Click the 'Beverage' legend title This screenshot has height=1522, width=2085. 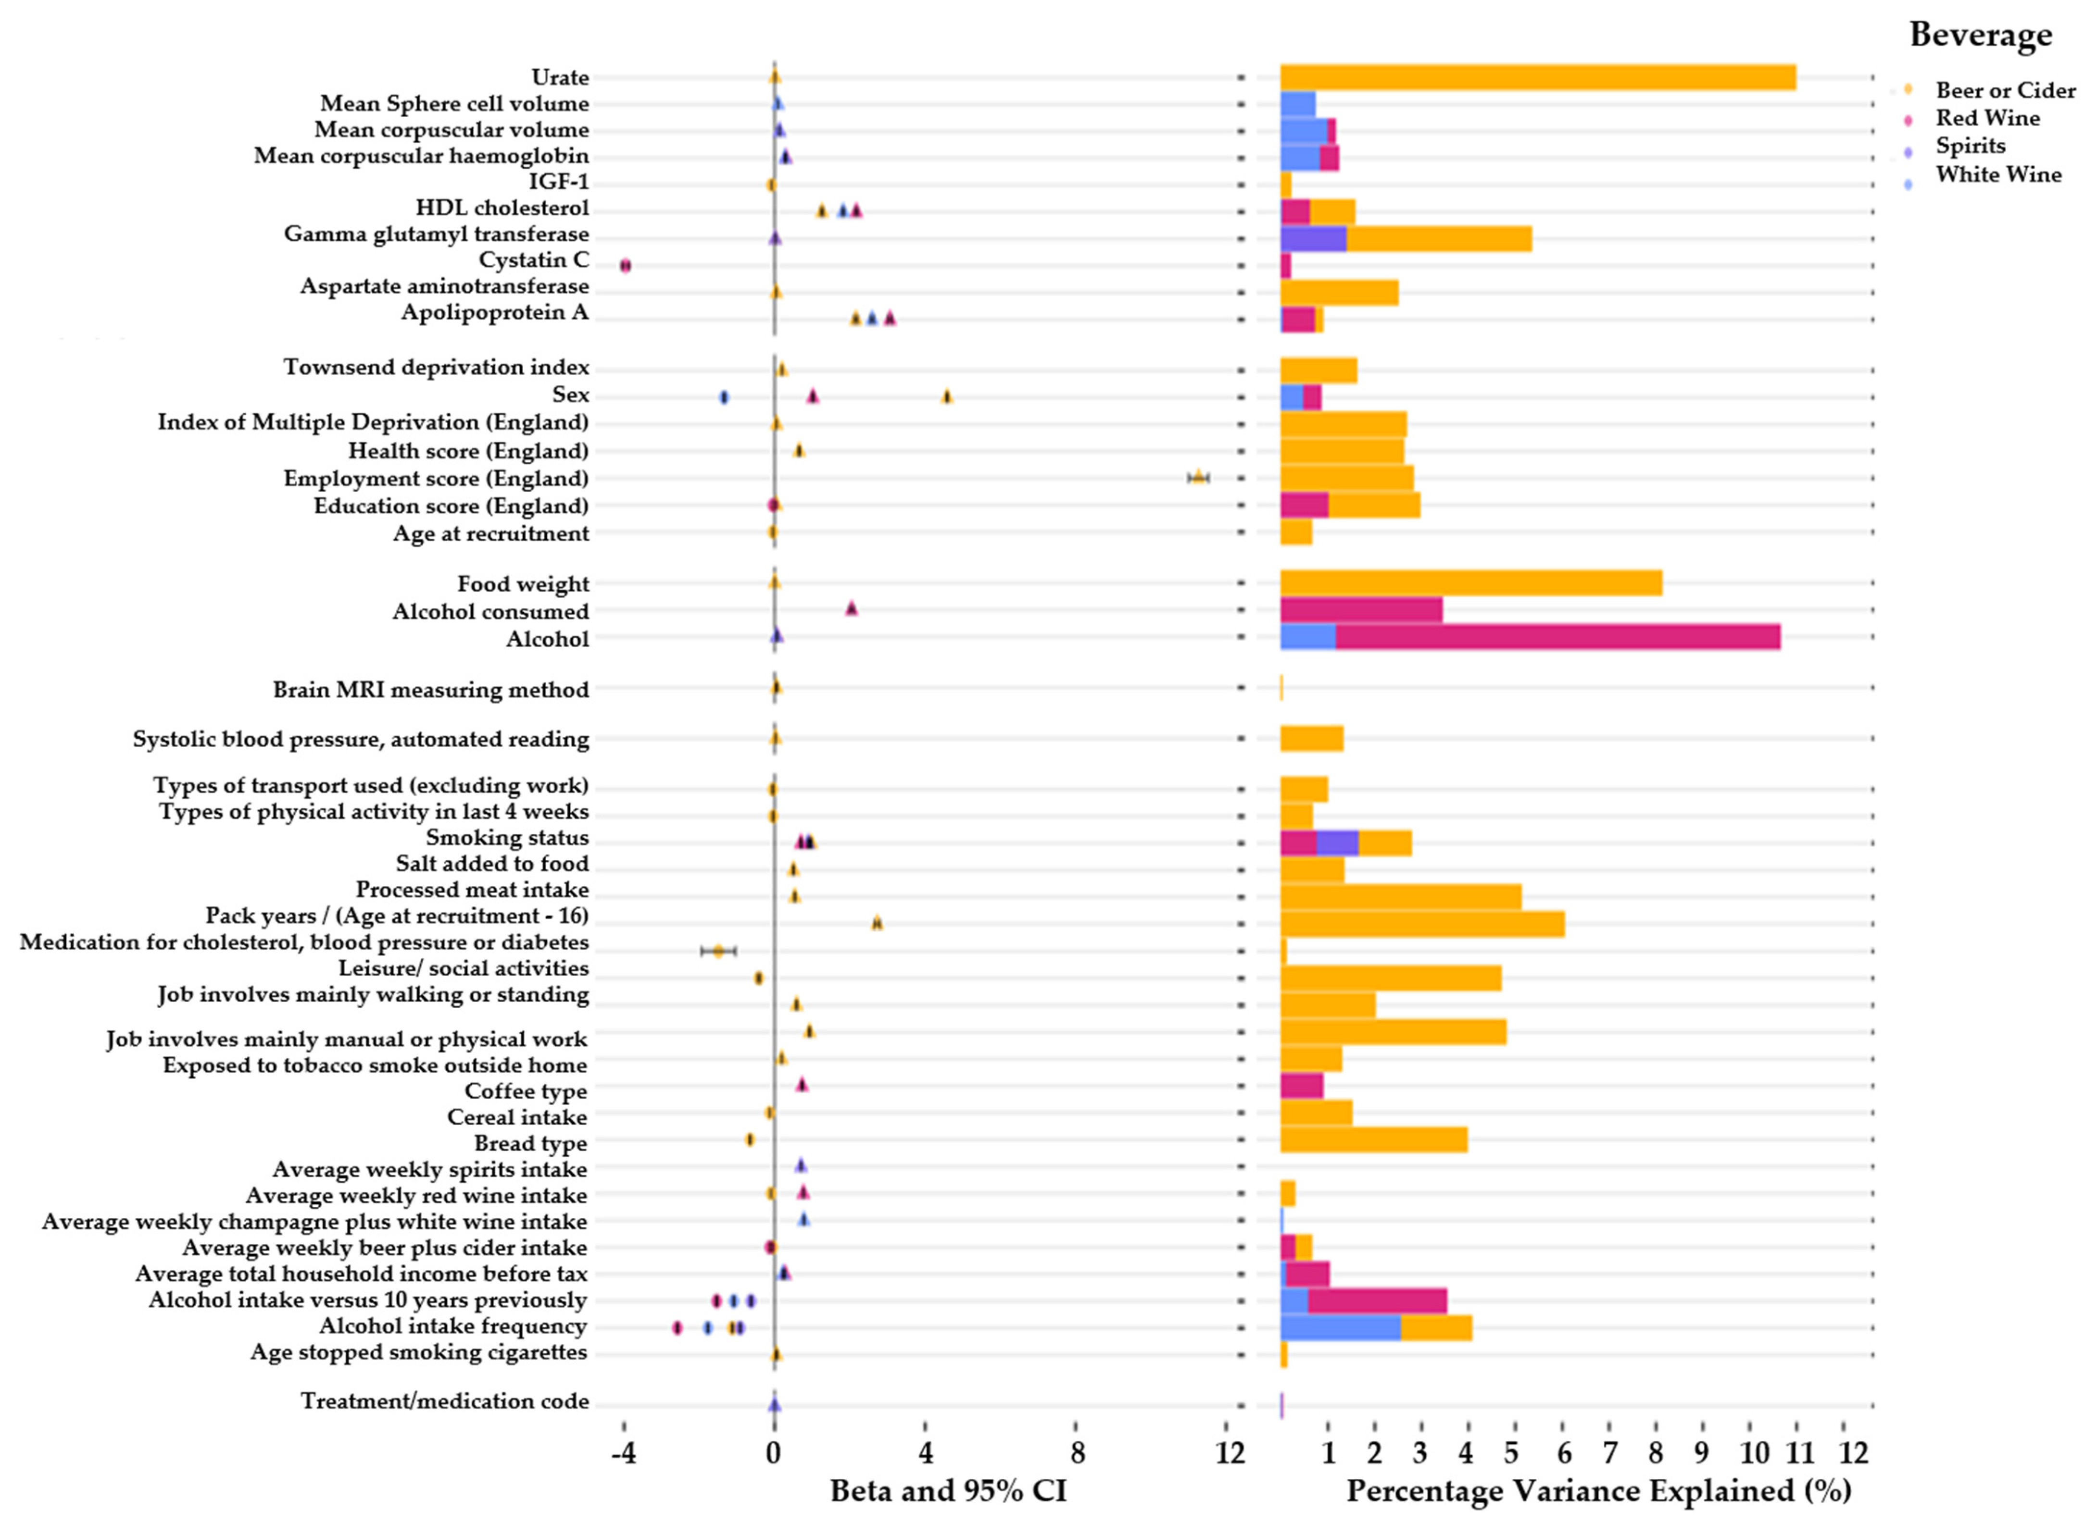[x=1980, y=35]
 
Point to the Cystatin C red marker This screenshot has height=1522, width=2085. [x=625, y=265]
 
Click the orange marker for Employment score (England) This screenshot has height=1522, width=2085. [x=1197, y=477]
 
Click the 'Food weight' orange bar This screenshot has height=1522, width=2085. [x=1470, y=583]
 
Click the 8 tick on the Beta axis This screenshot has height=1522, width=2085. [x=1077, y=1453]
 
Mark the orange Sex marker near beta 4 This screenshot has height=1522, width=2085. [x=947, y=396]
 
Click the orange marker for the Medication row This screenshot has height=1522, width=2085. [x=718, y=951]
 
